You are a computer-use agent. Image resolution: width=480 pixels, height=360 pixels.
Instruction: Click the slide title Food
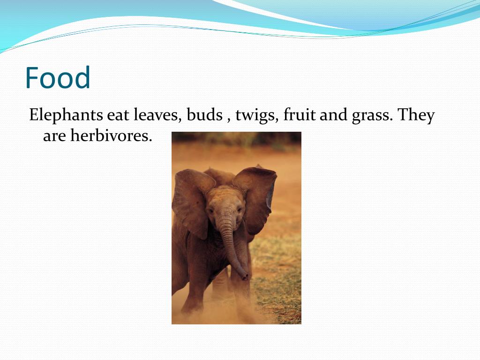tap(58, 78)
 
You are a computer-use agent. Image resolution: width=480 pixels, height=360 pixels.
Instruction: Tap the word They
tap(416, 115)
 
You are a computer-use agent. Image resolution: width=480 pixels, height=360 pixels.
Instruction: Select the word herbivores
tap(112, 136)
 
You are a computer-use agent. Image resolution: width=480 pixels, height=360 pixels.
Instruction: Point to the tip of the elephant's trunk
tap(244, 276)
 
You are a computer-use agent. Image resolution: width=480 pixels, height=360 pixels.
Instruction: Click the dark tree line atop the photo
tap(236, 137)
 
